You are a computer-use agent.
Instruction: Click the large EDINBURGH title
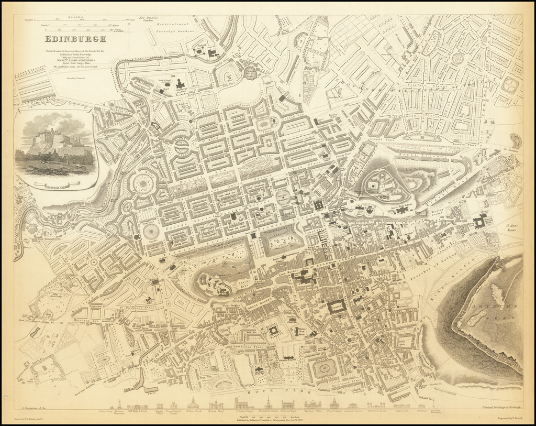tap(76, 39)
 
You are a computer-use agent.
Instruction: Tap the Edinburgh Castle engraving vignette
tap(55, 145)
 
